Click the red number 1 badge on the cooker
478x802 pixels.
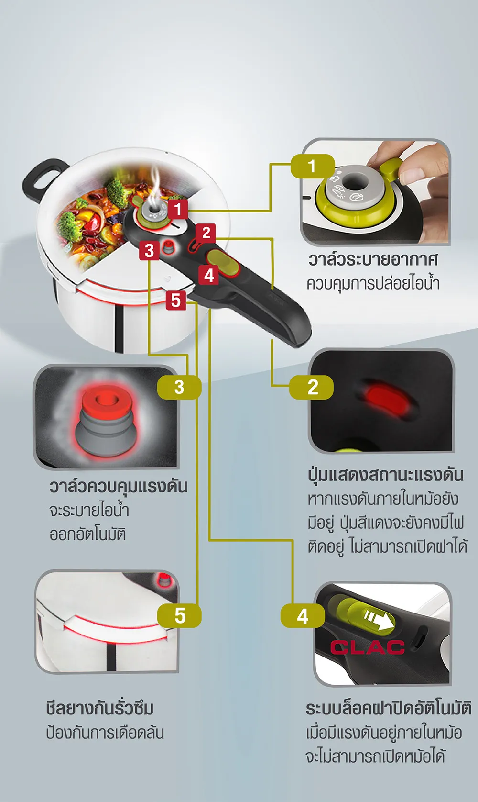pos(178,209)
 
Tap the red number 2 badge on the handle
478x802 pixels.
pos(206,233)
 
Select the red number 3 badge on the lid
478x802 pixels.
pos(149,250)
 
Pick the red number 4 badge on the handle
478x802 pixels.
pos(209,275)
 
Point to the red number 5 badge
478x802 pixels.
pos(176,301)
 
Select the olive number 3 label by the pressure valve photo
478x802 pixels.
pos(179,387)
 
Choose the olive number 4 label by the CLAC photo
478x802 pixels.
pos(303,616)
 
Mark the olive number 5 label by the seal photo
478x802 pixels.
pos(180,615)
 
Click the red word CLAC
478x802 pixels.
pos(367,647)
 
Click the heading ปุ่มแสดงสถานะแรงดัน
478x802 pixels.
pos(385,474)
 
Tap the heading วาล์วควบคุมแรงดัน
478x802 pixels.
pos(118,486)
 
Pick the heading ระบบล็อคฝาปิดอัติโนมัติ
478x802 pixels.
pos(388,708)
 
